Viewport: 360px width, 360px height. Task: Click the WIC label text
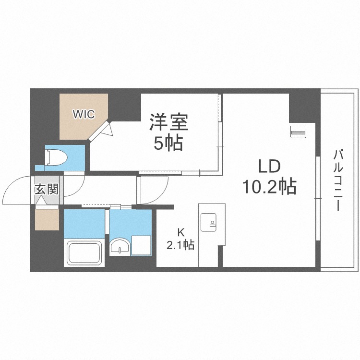[x=84, y=114]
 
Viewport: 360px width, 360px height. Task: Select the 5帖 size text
[x=168, y=143]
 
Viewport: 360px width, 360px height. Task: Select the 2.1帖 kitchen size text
[x=180, y=245]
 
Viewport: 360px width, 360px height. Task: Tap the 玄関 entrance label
[x=46, y=189]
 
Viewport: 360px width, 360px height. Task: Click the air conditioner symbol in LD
[x=298, y=131]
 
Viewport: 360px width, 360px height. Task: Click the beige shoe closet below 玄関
[x=47, y=218]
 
